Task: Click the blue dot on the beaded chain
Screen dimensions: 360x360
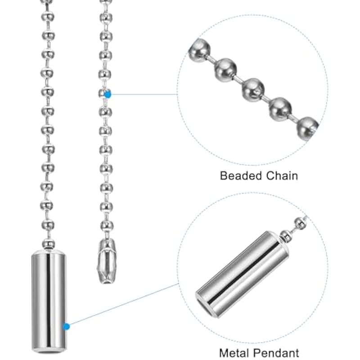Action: point(108,94)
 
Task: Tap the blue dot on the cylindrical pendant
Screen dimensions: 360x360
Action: point(67,326)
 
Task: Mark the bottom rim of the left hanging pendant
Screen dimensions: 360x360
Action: point(48,349)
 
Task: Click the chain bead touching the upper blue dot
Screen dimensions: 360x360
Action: point(103,94)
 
